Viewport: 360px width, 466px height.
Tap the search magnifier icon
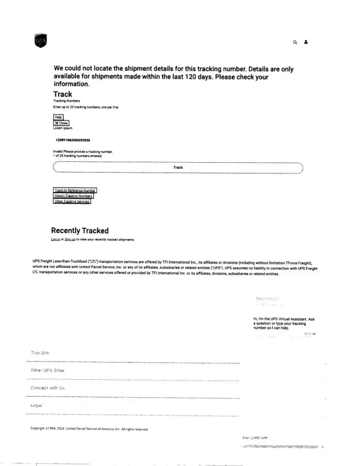(x=295, y=42)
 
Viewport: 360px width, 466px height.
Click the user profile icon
(x=306, y=41)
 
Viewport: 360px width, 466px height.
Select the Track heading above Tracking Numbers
(x=62, y=94)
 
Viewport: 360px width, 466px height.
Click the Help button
(x=58, y=117)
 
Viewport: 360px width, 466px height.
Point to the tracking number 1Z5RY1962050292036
(x=73, y=140)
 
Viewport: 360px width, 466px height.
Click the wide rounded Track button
(x=178, y=167)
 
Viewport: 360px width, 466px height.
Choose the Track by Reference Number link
(x=75, y=190)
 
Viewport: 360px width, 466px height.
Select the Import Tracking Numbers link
(x=74, y=196)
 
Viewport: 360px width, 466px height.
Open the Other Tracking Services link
(x=72, y=201)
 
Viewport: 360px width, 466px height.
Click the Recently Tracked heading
(x=80, y=231)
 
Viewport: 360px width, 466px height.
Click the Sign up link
(x=70, y=239)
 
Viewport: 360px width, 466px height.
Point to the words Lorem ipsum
(x=63, y=128)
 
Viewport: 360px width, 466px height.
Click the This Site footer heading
(x=40, y=353)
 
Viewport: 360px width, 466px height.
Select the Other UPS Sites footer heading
(x=47, y=370)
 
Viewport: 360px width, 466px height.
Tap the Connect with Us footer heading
(x=47, y=388)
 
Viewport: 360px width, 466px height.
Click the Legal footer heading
(x=36, y=405)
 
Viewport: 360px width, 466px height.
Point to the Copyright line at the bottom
(x=89, y=428)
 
